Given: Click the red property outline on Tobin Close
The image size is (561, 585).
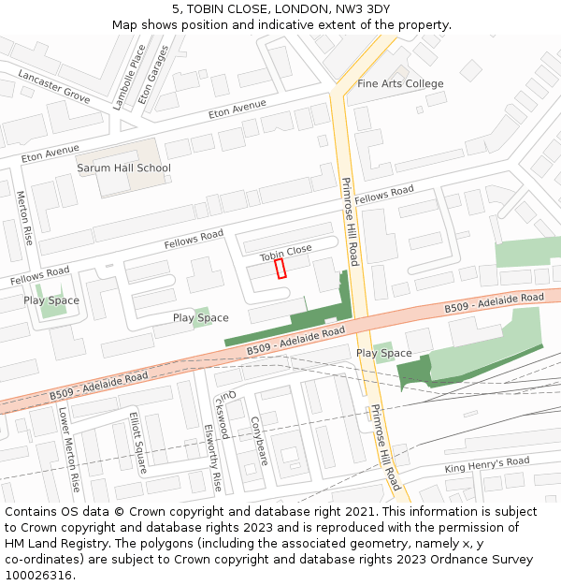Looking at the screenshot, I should pos(280,269).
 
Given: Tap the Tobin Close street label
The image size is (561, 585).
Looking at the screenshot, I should pos(285,252).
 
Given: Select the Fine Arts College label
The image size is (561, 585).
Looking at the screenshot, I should pos(400,84).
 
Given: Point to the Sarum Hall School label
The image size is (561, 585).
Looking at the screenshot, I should pos(123,168).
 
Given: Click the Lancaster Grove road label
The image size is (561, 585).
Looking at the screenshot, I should pos(53,86).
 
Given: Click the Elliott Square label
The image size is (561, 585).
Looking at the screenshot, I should pos(138,443).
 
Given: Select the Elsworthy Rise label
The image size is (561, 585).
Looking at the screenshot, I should pos(212,458).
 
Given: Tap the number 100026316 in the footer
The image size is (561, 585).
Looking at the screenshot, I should pos(38,576).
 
